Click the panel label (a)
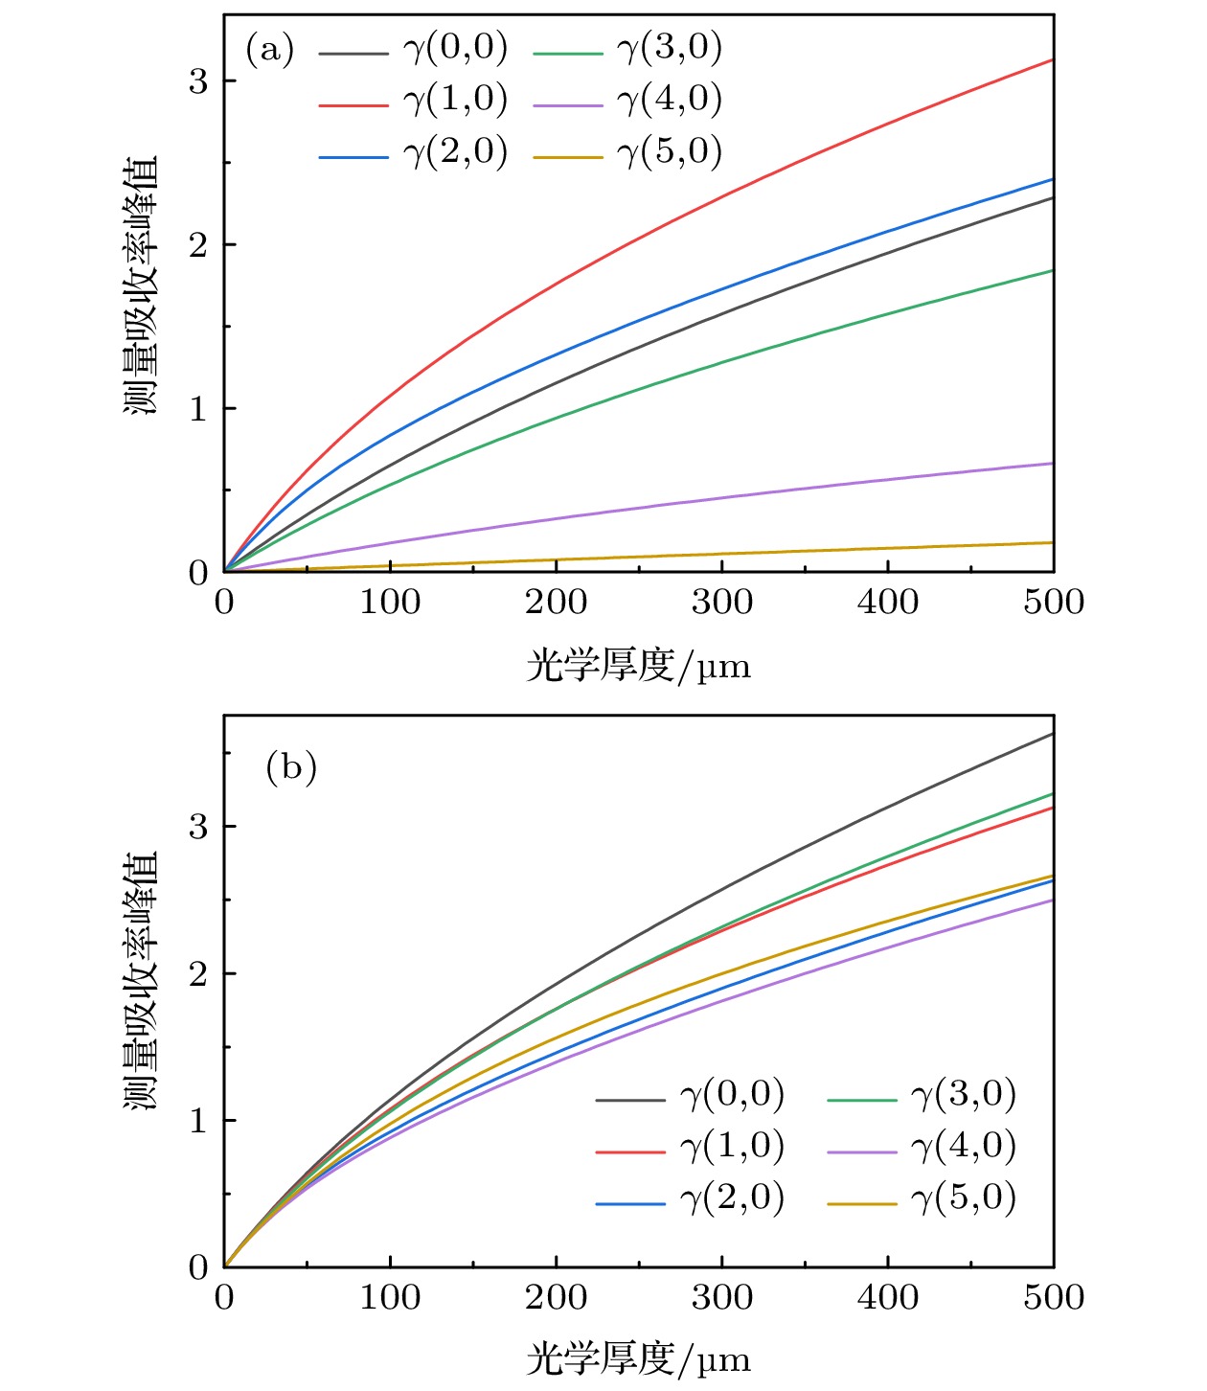pos(269,50)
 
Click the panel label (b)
pos(290,767)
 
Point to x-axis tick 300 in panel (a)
pos(721,603)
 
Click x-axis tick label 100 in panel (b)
pos(390,1298)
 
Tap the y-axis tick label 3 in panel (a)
pos(198,82)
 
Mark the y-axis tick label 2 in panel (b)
pos(198,974)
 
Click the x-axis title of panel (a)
pos(638,665)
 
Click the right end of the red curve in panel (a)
pos(1053,60)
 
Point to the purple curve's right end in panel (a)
pos(1053,464)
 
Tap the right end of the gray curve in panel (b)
pos(1053,734)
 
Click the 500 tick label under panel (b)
pos(1054,1298)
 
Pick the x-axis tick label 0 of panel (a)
pos(224,603)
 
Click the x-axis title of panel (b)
pos(638,1359)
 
